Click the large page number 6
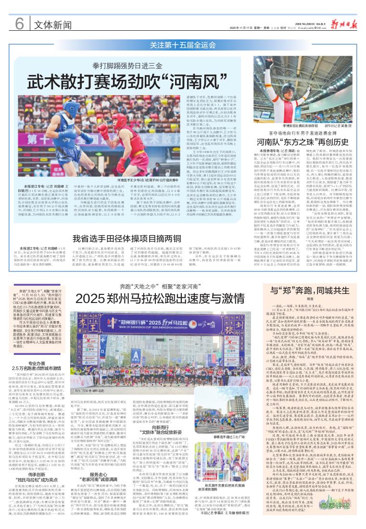19,23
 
